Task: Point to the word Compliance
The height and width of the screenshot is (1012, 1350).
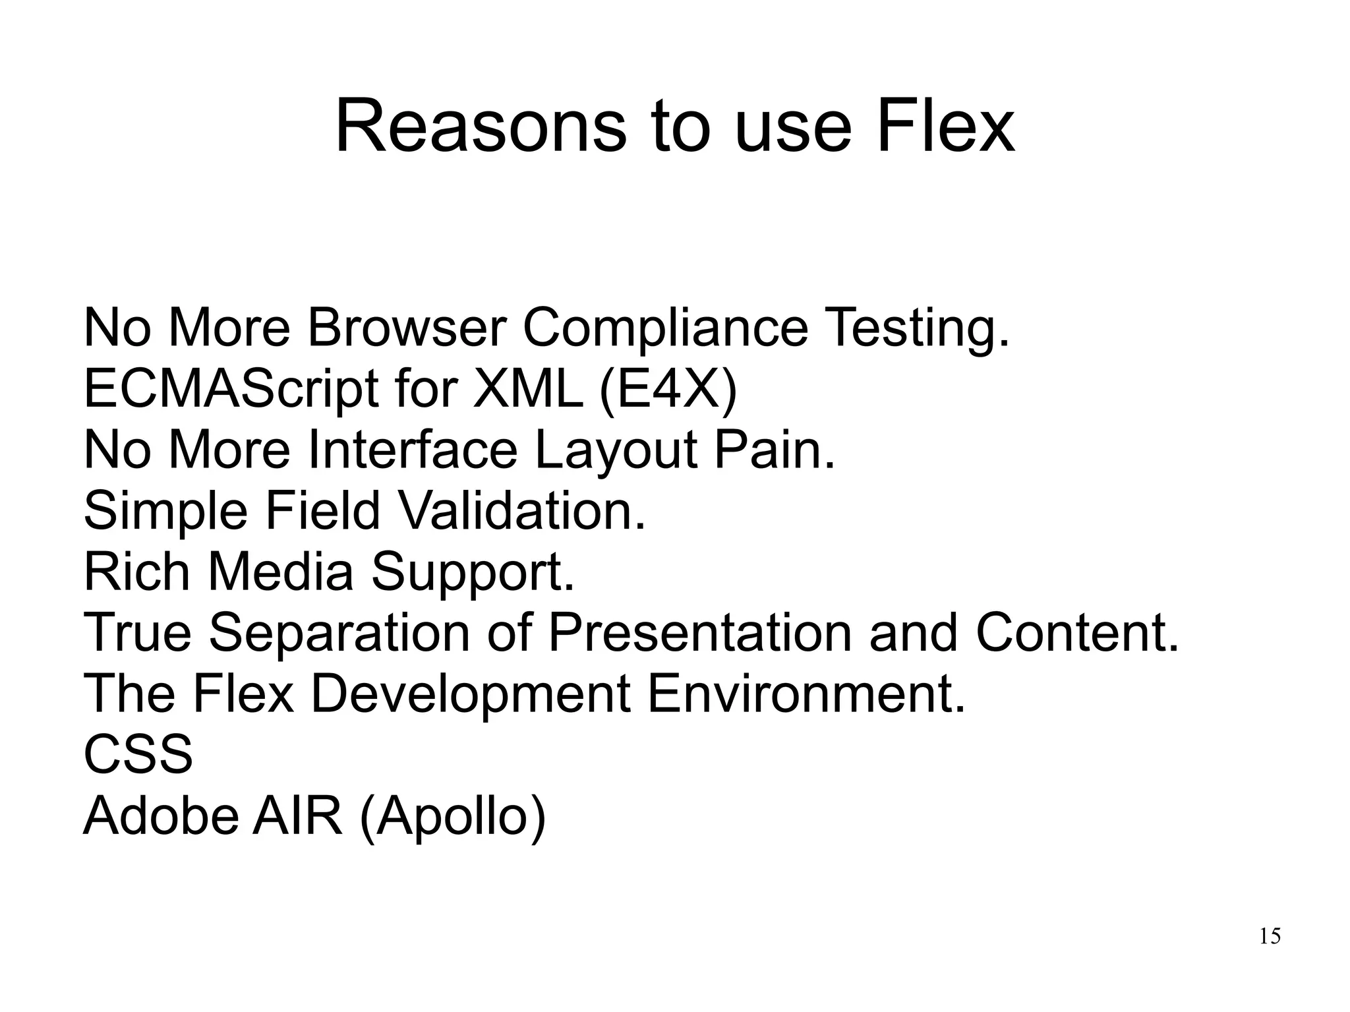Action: point(665,329)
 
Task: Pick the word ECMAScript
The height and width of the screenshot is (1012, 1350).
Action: point(231,390)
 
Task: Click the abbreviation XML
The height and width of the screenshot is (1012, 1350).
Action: point(528,388)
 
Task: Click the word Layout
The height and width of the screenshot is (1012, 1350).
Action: point(616,451)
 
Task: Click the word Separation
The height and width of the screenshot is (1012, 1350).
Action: point(339,633)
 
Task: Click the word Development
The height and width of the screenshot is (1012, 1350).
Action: point(469,694)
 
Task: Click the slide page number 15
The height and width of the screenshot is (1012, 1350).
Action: point(1270,936)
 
